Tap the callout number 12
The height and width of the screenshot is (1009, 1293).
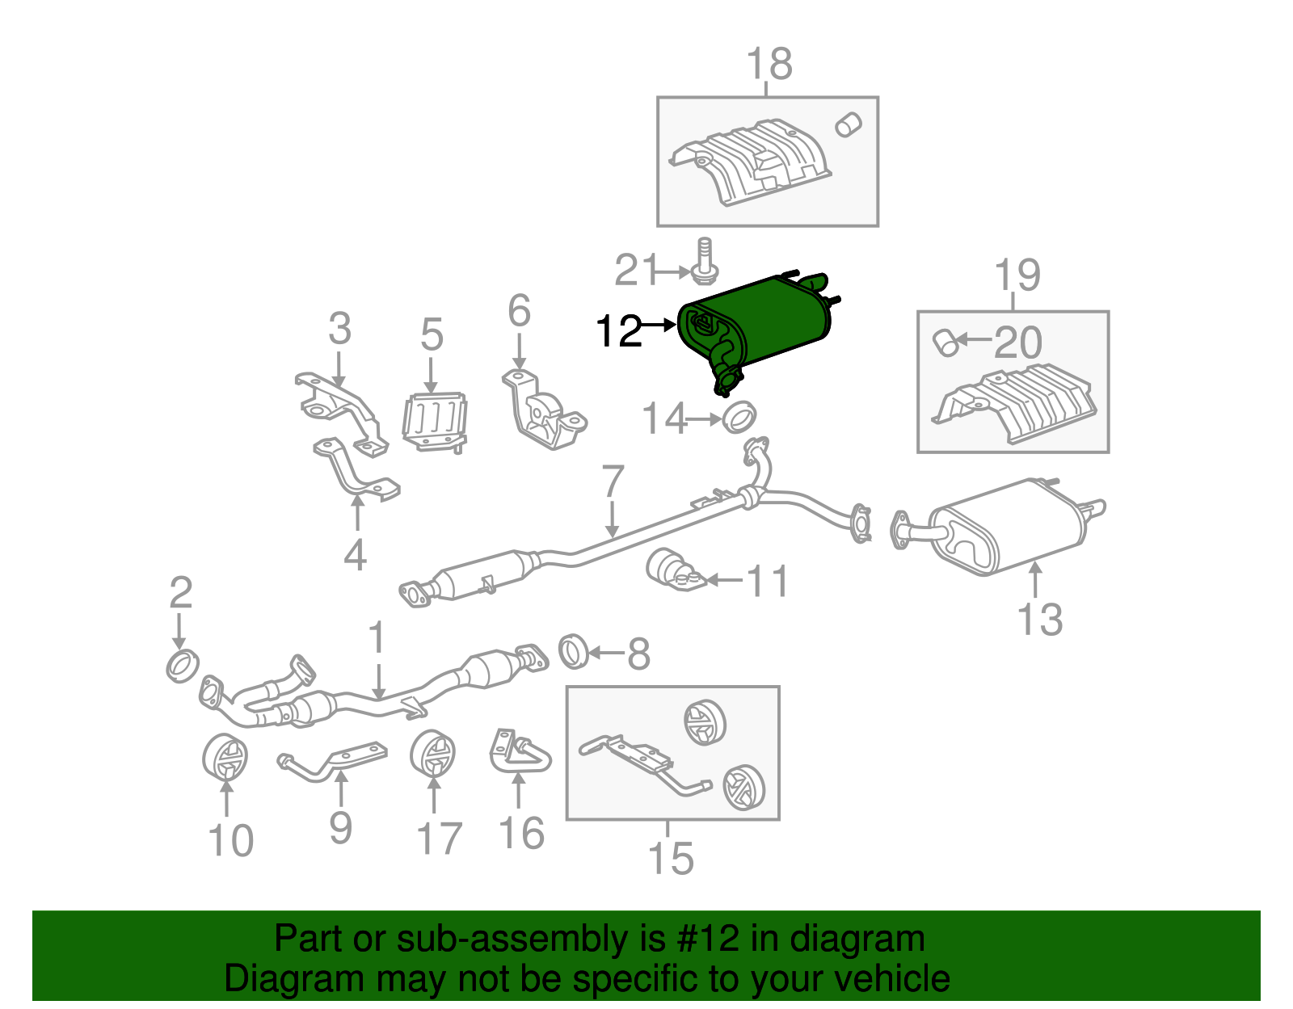pos(618,331)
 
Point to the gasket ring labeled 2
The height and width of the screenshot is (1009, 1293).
pos(183,665)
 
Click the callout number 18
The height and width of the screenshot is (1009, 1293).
pos(769,64)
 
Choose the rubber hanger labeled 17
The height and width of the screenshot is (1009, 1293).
pos(432,754)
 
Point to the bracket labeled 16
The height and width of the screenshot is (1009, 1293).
pos(520,751)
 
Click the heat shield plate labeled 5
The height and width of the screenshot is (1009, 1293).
pos(435,420)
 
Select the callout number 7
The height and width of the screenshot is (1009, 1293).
pos(613,482)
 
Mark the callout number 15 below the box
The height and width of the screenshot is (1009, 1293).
pos(671,858)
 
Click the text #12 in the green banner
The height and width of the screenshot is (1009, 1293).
pos(703,940)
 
